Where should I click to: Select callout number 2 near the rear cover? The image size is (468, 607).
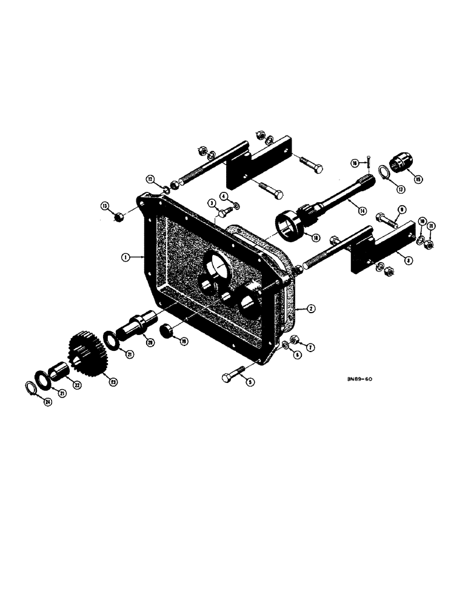coord(310,308)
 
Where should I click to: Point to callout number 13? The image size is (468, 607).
coord(105,206)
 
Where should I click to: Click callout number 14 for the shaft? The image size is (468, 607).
coord(362,210)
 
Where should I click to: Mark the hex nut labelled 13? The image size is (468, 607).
coord(120,215)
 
